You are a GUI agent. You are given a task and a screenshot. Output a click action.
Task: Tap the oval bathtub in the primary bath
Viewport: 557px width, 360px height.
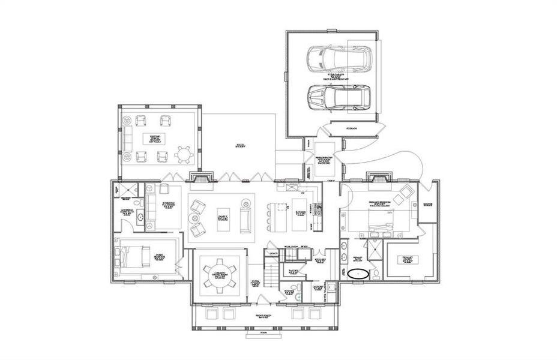coord(359,273)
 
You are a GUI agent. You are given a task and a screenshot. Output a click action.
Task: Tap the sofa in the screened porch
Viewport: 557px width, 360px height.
coord(127,138)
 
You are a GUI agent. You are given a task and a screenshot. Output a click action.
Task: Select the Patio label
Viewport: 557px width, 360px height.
coord(239,145)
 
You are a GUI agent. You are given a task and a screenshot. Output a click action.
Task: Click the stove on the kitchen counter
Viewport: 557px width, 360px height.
coord(318,209)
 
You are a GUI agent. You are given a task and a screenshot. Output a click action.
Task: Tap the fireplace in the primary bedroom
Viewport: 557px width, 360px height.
coord(380,178)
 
